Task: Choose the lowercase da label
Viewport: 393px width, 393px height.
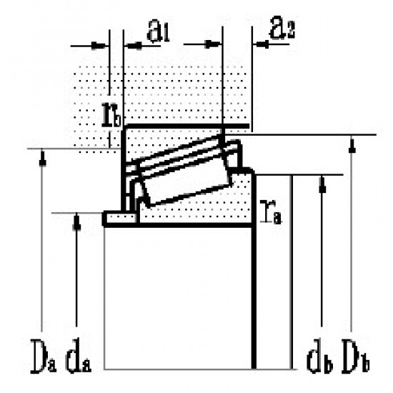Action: (x=78, y=355)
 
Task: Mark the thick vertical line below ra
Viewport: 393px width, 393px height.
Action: (x=254, y=300)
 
